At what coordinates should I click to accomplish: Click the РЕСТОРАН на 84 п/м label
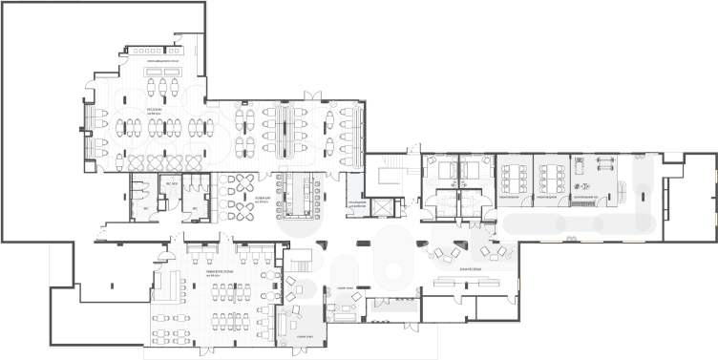tap(155, 111)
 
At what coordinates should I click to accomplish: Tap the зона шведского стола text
tap(158, 60)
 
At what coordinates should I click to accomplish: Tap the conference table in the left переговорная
tap(514, 177)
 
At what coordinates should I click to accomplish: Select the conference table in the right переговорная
tap(551, 177)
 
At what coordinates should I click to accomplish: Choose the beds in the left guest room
tap(441, 173)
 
